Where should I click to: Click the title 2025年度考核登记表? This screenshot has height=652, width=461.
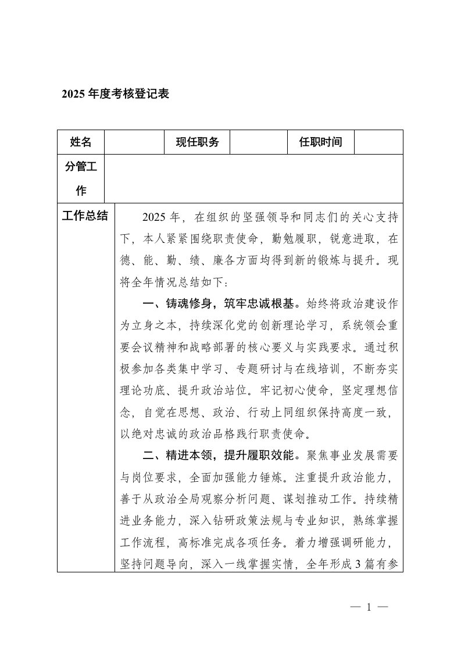pyautogui.click(x=115, y=94)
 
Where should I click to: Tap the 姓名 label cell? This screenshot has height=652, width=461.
pyautogui.click(x=81, y=142)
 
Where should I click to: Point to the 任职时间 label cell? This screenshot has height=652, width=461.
pyautogui.click(x=320, y=142)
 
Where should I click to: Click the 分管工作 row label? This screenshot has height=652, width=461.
pyautogui.click(x=81, y=179)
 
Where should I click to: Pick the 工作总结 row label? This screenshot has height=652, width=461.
pyautogui.click(x=85, y=216)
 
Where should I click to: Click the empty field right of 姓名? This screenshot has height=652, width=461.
pyautogui.click(x=134, y=142)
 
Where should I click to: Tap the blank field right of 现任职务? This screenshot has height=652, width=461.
pyautogui.click(x=259, y=142)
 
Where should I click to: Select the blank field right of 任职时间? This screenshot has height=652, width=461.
pyautogui.click(x=378, y=142)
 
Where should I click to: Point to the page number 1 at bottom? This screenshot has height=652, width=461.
pyautogui.click(x=369, y=608)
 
